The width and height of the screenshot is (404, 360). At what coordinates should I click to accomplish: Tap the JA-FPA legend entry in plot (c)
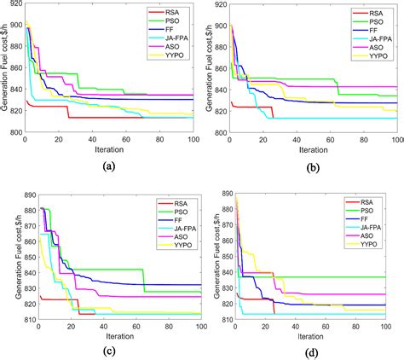click(x=174, y=229)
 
